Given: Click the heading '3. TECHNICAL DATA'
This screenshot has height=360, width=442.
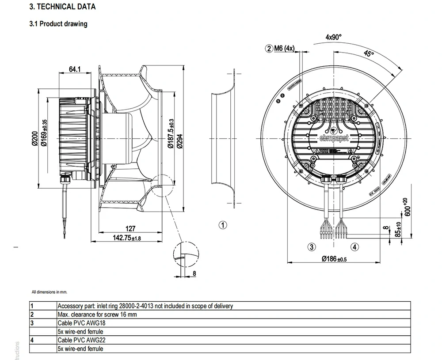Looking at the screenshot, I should pos(62,7).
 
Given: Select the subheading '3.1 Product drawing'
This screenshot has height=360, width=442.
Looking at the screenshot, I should pos(58,24).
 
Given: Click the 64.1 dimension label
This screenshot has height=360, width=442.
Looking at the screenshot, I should pos(75,69).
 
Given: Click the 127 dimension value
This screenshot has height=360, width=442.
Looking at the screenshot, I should pos(130,229).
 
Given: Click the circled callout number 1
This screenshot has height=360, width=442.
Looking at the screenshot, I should pos(223,225).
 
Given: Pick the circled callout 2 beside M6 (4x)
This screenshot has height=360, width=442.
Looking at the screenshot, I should pos(269,48).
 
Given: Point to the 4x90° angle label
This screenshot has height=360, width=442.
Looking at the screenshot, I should pos(333,38).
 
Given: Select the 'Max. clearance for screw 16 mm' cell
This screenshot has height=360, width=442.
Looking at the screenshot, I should pos(97,314).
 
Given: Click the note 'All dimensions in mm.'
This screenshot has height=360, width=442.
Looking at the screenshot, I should pos(49,292).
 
